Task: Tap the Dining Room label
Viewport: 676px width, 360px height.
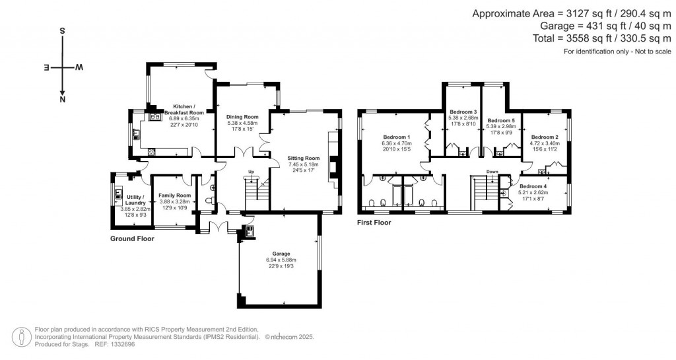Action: pos(242,117)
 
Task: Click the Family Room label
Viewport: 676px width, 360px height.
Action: pos(174,196)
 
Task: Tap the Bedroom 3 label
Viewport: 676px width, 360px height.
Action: pos(463,112)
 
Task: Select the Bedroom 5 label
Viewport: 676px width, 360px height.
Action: pos(501,121)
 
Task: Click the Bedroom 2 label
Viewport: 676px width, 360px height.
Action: pos(545,137)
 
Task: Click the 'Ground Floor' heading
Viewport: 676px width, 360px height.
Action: pos(132,238)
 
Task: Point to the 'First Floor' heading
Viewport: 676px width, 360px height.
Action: pos(374,223)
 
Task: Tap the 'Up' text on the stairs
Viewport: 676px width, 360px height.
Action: pos(251,172)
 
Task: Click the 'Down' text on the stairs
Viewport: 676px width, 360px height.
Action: pos(491,172)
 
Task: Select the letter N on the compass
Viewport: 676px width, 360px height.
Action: pos(62,100)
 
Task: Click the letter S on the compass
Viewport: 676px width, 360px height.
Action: pos(62,31)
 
